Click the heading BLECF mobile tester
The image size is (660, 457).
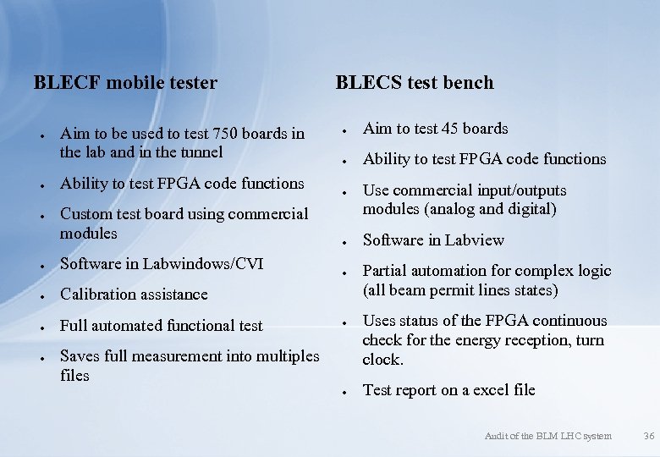click(125, 83)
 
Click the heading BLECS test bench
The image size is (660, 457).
click(415, 83)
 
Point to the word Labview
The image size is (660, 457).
click(473, 240)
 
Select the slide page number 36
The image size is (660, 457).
click(649, 436)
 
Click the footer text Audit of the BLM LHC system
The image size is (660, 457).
click(547, 436)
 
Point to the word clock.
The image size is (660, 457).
click(382, 360)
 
